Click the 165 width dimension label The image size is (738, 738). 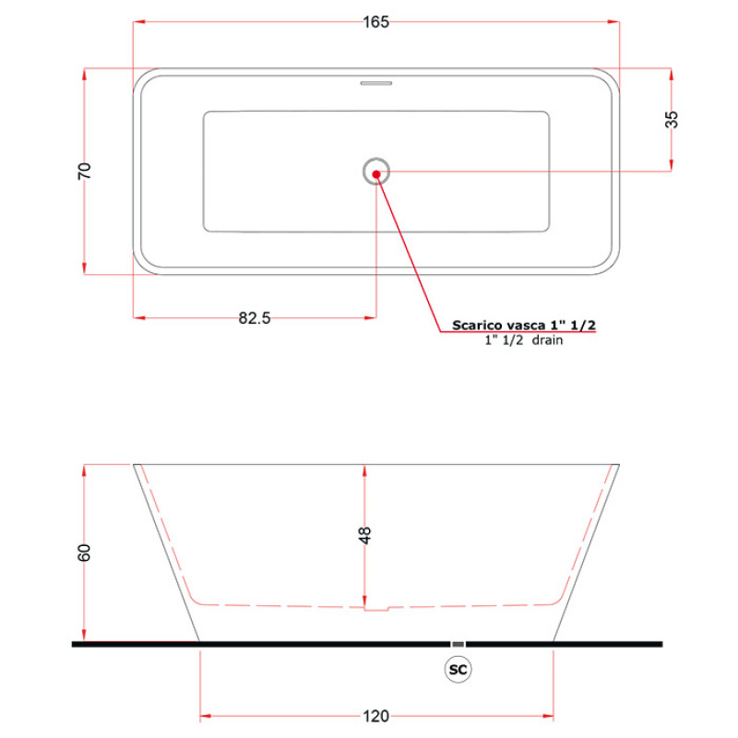coord(376,22)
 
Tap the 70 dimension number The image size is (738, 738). coord(84,171)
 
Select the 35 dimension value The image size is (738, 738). coord(672,119)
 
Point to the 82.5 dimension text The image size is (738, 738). coord(255,318)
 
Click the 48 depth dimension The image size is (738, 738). coord(364,535)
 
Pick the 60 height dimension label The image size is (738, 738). coord(84,553)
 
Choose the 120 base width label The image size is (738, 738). coord(376,717)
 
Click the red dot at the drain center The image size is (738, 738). coord(376,174)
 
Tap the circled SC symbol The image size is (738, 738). coord(458,670)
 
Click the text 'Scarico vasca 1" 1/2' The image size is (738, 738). coord(524,325)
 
